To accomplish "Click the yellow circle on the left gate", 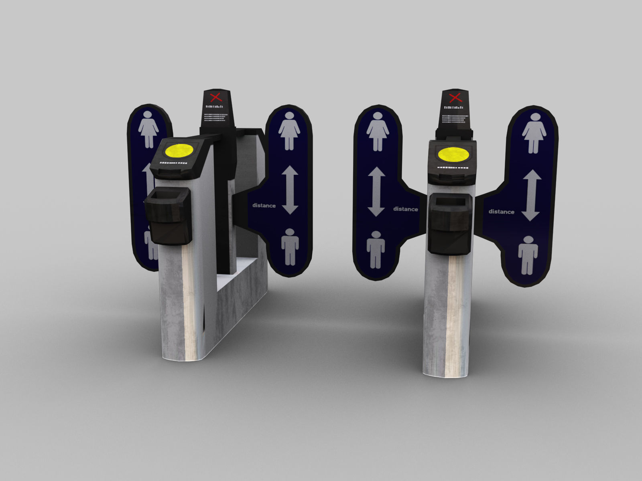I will click(x=179, y=151).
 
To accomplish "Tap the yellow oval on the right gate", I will click(x=453, y=154).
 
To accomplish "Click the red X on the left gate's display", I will click(x=216, y=97).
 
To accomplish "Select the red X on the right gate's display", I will click(x=455, y=97).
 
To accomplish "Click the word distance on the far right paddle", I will click(x=501, y=212).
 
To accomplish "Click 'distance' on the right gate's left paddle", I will click(x=405, y=209).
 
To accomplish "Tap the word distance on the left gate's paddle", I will click(x=264, y=206).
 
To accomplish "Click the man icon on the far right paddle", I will click(x=528, y=255).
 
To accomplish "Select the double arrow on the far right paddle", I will click(x=531, y=195).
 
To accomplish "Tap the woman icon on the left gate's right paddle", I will click(x=289, y=131).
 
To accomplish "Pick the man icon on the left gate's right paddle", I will click(x=290, y=247).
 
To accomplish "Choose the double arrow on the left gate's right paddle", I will click(x=290, y=190).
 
